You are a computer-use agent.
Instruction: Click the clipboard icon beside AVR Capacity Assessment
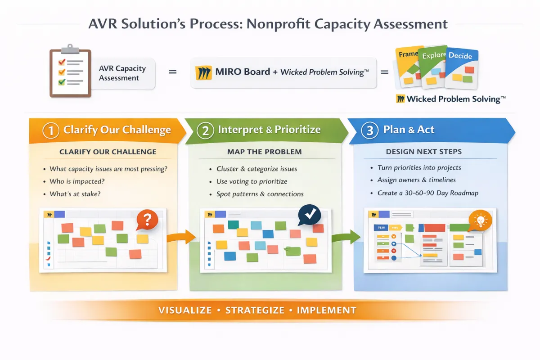(x=70, y=71)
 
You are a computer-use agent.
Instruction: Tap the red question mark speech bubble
(x=147, y=220)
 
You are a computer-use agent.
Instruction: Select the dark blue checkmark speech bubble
(x=309, y=215)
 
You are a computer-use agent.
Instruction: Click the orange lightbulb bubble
(x=480, y=220)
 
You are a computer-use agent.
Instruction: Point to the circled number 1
(x=51, y=130)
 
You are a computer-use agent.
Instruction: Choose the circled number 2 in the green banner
(x=205, y=130)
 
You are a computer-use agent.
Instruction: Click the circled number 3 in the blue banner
(x=369, y=130)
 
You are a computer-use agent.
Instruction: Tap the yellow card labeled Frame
(x=409, y=66)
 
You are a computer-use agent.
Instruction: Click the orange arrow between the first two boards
(x=181, y=237)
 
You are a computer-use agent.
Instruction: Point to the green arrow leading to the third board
(x=346, y=237)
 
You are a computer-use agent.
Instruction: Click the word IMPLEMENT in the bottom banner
(x=326, y=310)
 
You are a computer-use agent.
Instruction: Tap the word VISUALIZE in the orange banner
(x=185, y=310)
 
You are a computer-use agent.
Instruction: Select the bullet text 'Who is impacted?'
(x=77, y=181)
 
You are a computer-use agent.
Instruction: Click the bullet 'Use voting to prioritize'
(x=252, y=181)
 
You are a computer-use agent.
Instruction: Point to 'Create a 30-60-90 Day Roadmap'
(x=428, y=193)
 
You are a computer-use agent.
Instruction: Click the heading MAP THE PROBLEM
(x=265, y=152)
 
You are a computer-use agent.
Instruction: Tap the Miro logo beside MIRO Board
(x=204, y=72)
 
